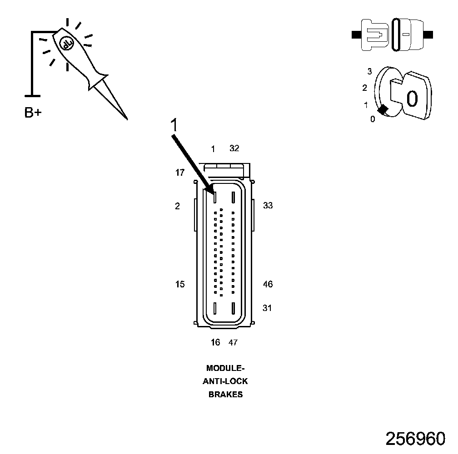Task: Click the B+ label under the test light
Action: (33, 113)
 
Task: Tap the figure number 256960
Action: (415, 439)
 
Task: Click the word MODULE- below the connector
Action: (225, 368)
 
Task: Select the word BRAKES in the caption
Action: (225, 395)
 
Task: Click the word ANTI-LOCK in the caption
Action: (225, 381)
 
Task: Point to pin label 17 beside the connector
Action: (180, 173)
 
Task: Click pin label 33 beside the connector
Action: (268, 206)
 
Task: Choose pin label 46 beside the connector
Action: (268, 284)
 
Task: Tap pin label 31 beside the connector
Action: (267, 308)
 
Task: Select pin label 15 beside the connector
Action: (180, 284)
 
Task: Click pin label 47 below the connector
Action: (233, 343)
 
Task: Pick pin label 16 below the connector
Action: (215, 343)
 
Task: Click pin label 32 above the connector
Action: (234, 148)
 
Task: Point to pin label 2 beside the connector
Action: (177, 206)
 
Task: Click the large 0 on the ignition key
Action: (412, 99)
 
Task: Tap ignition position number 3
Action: (370, 72)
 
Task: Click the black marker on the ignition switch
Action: (383, 109)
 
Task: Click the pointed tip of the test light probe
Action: (126, 118)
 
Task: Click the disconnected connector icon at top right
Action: (393, 35)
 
